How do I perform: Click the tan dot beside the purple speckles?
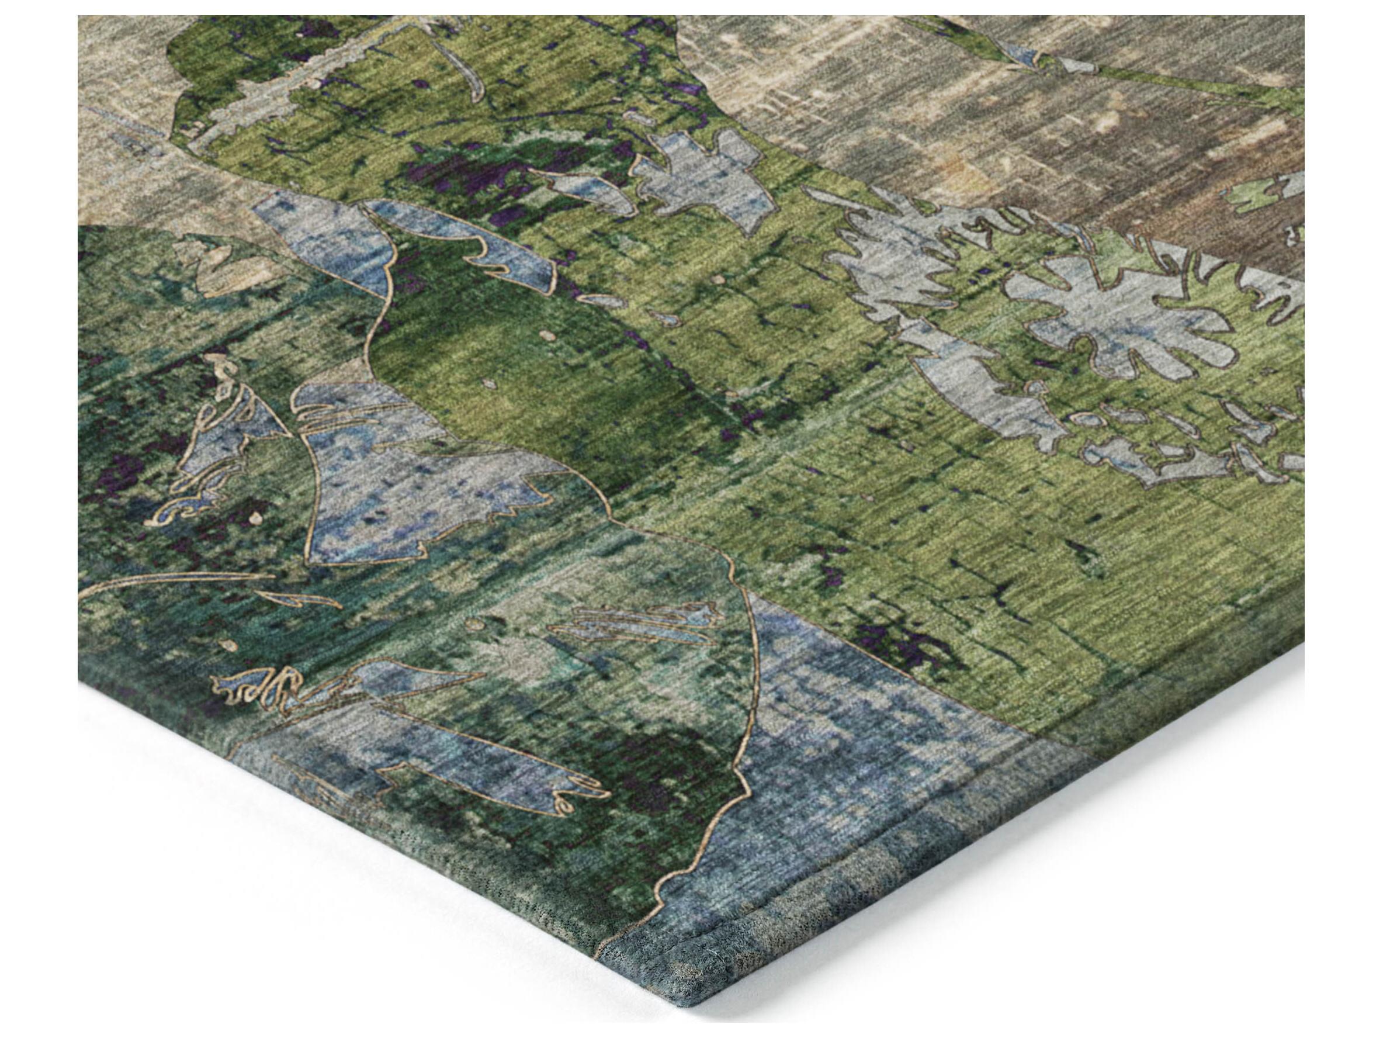point(255,518)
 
